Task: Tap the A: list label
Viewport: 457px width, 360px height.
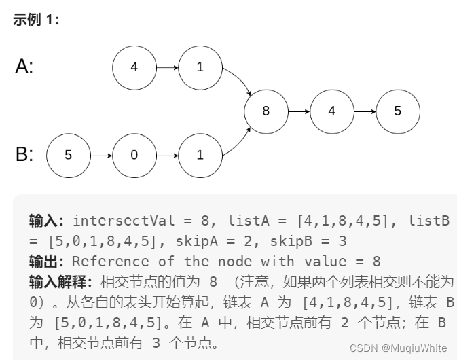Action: point(24,67)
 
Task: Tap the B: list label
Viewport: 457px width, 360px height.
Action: point(24,154)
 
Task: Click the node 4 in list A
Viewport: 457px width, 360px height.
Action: point(134,67)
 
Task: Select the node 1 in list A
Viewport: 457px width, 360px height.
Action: point(200,67)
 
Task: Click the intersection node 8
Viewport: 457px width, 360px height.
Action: point(266,111)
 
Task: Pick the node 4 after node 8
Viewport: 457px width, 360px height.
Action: point(331,111)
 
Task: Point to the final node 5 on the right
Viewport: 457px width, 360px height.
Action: point(398,111)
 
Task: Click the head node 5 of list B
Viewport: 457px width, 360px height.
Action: point(68,155)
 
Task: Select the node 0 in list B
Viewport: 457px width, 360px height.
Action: point(134,155)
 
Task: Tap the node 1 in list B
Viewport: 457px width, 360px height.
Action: point(200,155)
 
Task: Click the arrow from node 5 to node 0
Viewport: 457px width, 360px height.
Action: point(100,155)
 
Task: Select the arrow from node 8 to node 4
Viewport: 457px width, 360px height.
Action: point(298,111)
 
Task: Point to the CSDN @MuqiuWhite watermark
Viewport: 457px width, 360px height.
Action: point(398,347)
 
